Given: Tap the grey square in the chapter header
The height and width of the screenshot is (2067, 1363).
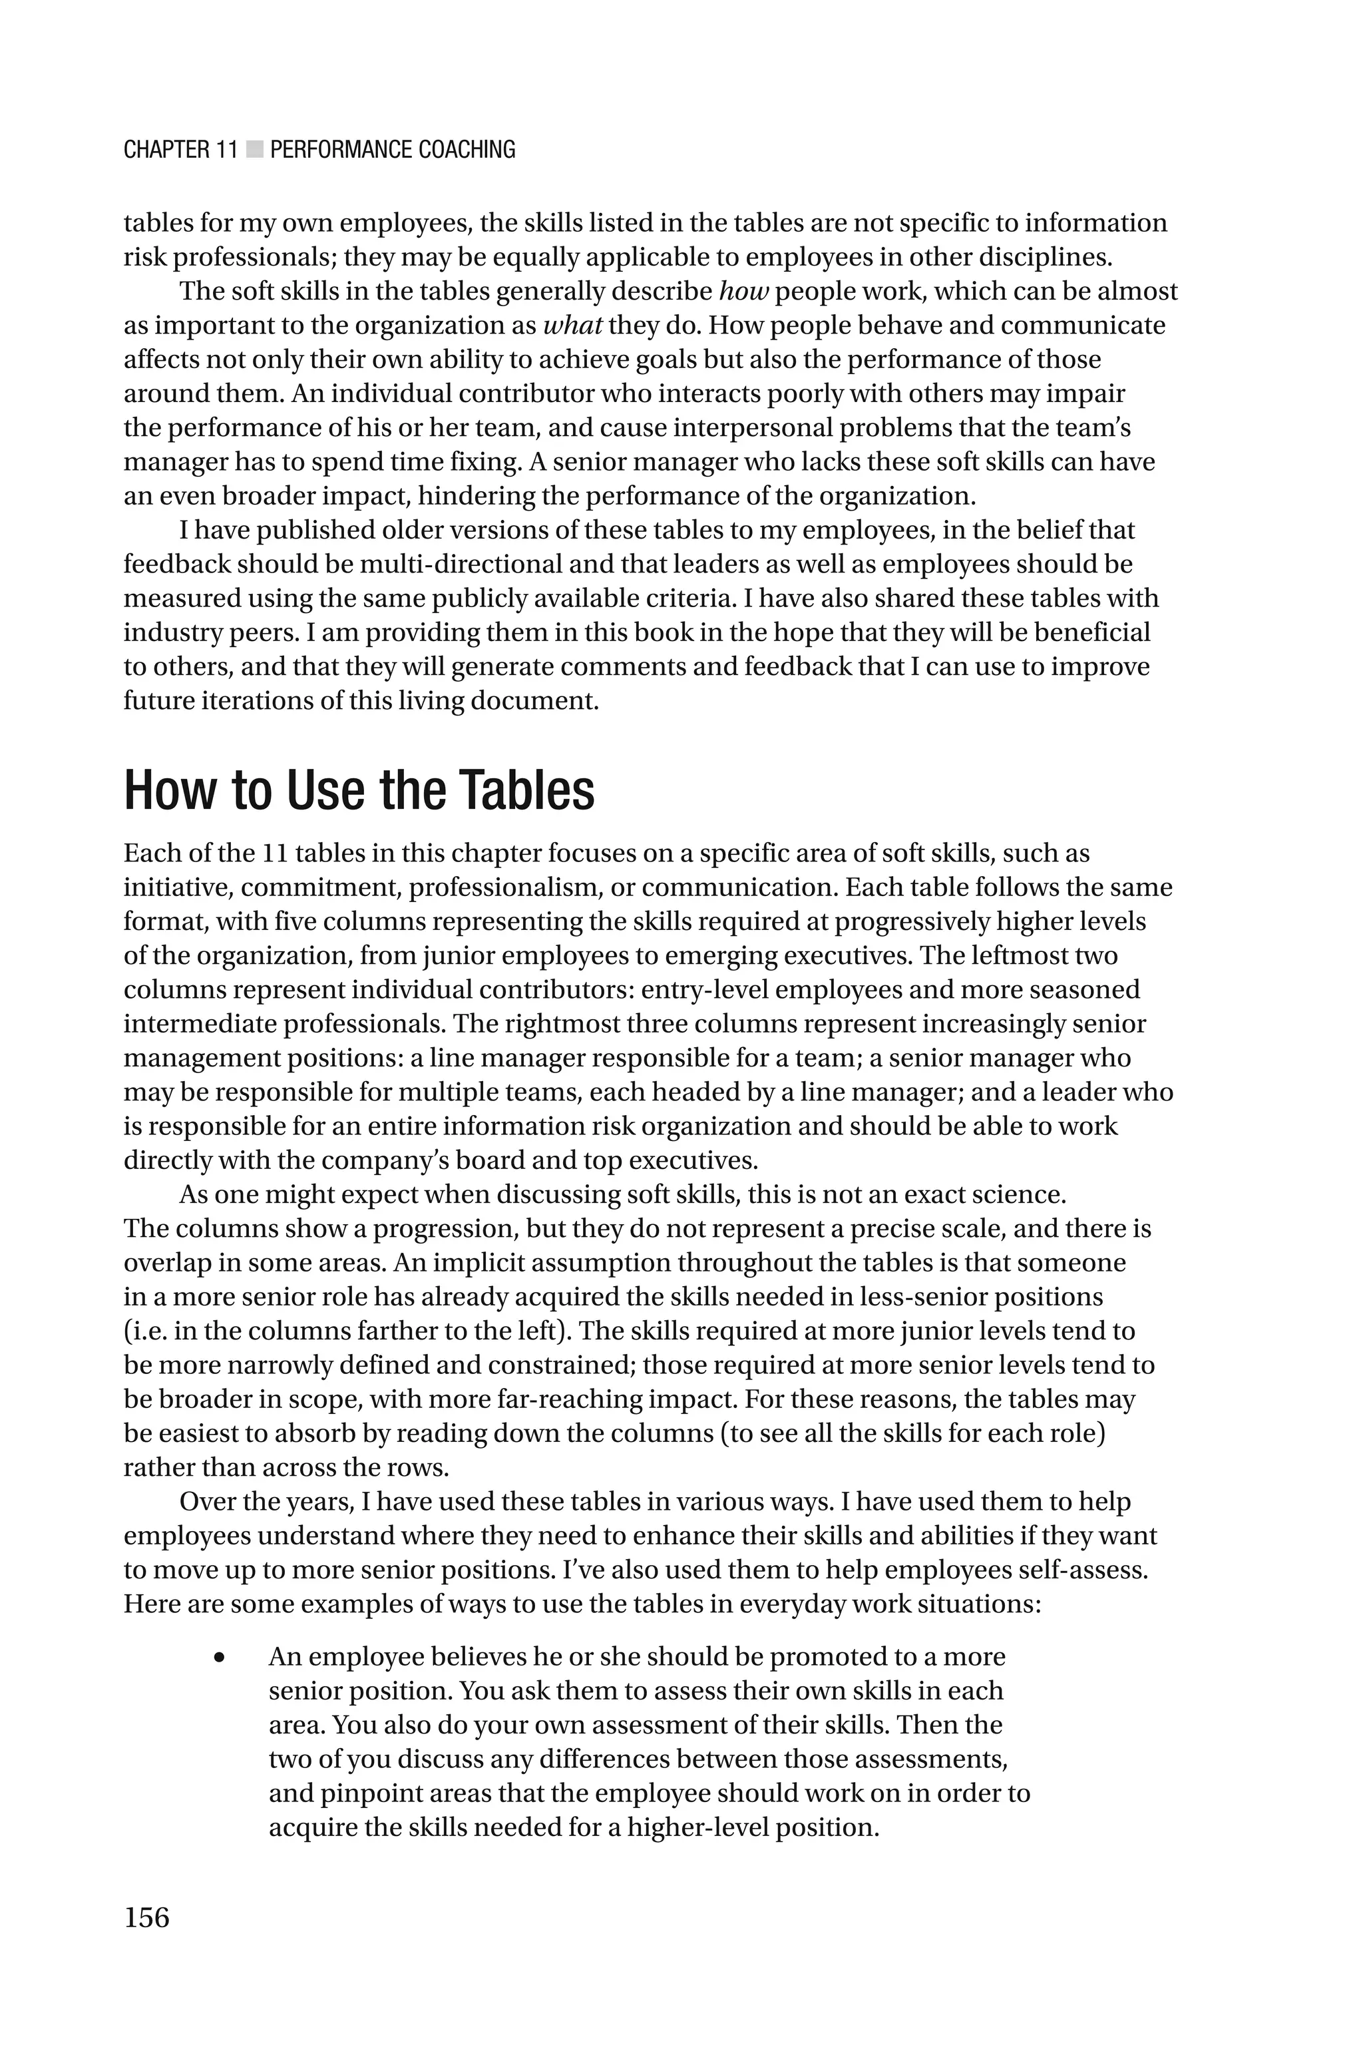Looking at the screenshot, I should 254,150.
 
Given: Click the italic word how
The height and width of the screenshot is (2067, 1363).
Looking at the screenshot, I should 744,291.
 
